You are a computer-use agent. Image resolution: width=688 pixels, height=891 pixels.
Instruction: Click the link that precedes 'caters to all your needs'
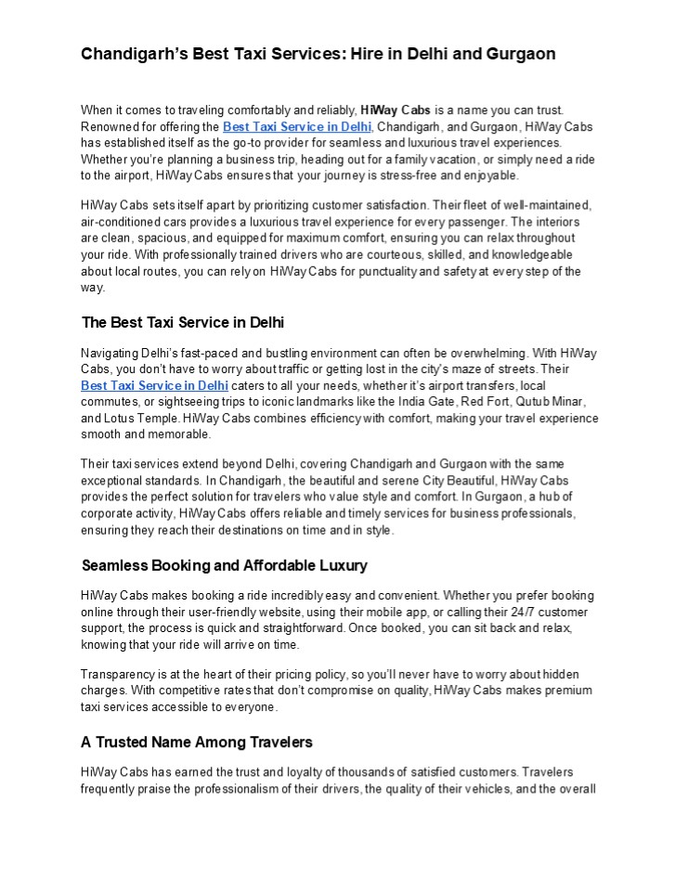pyautogui.click(x=154, y=384)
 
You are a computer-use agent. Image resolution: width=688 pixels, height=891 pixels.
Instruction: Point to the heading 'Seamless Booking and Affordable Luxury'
pyautogui.click(x=225, y=565)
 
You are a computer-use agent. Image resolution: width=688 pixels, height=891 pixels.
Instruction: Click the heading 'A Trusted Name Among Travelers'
pyautogui.click(x=197, y=742)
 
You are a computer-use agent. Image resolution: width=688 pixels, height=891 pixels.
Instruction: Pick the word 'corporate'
pyautogui.click(x=111, y=513)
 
